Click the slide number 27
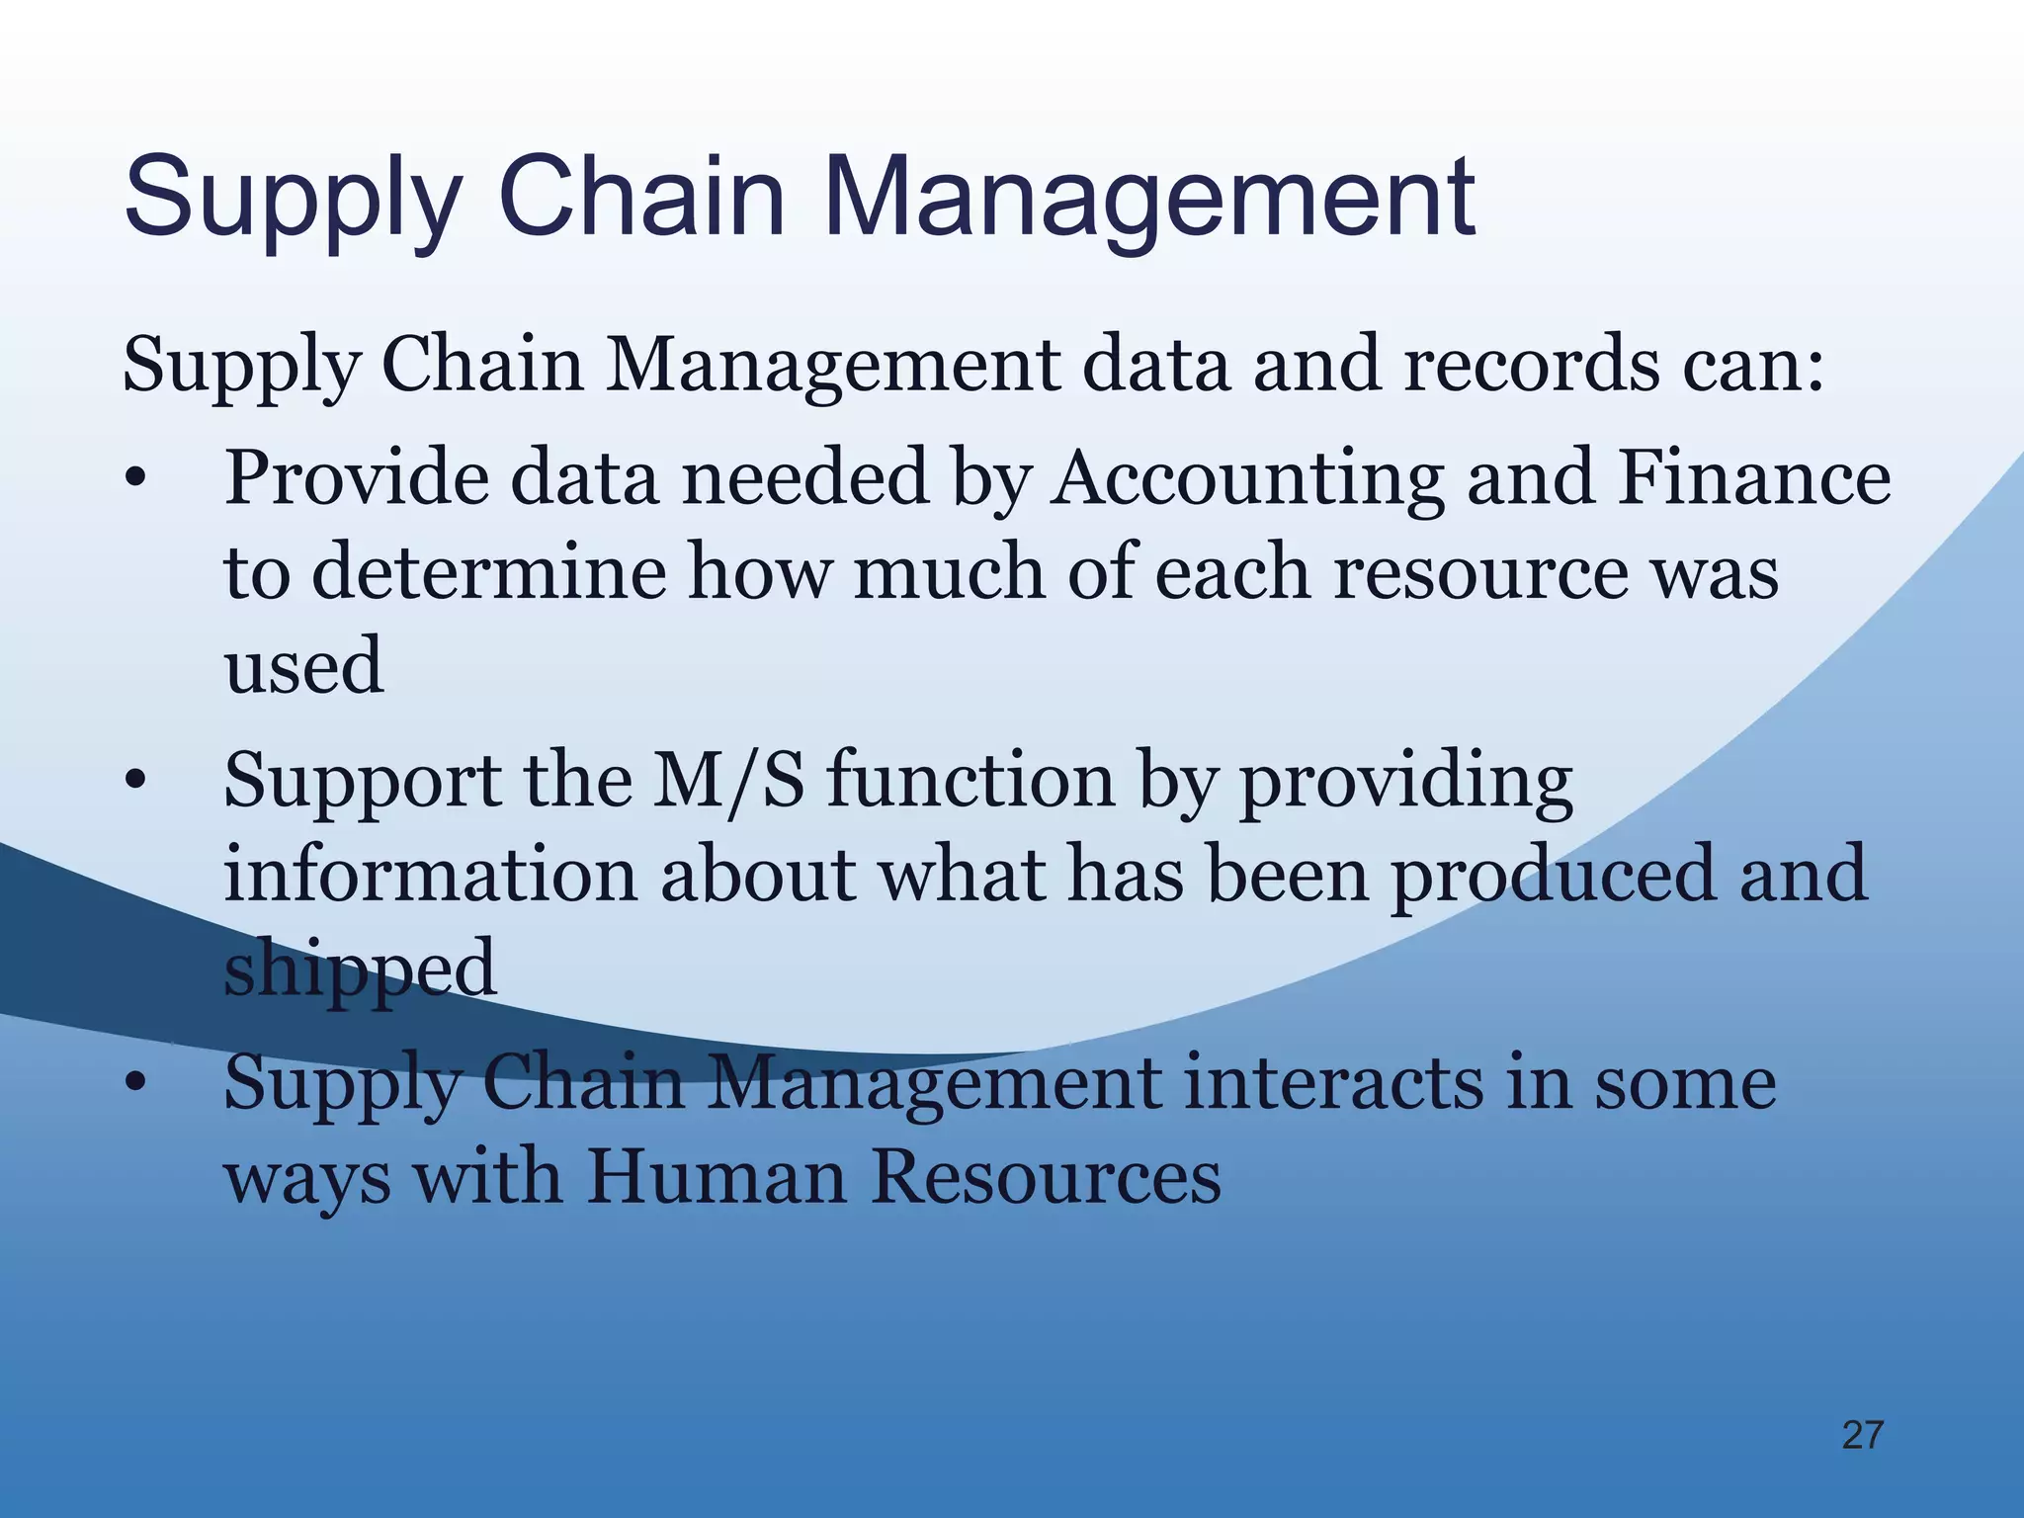click(1863, 1435)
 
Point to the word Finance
click(1753, 478)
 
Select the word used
click(304, 666)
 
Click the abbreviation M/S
click(727, 781)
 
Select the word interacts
click(1333, 1083)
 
